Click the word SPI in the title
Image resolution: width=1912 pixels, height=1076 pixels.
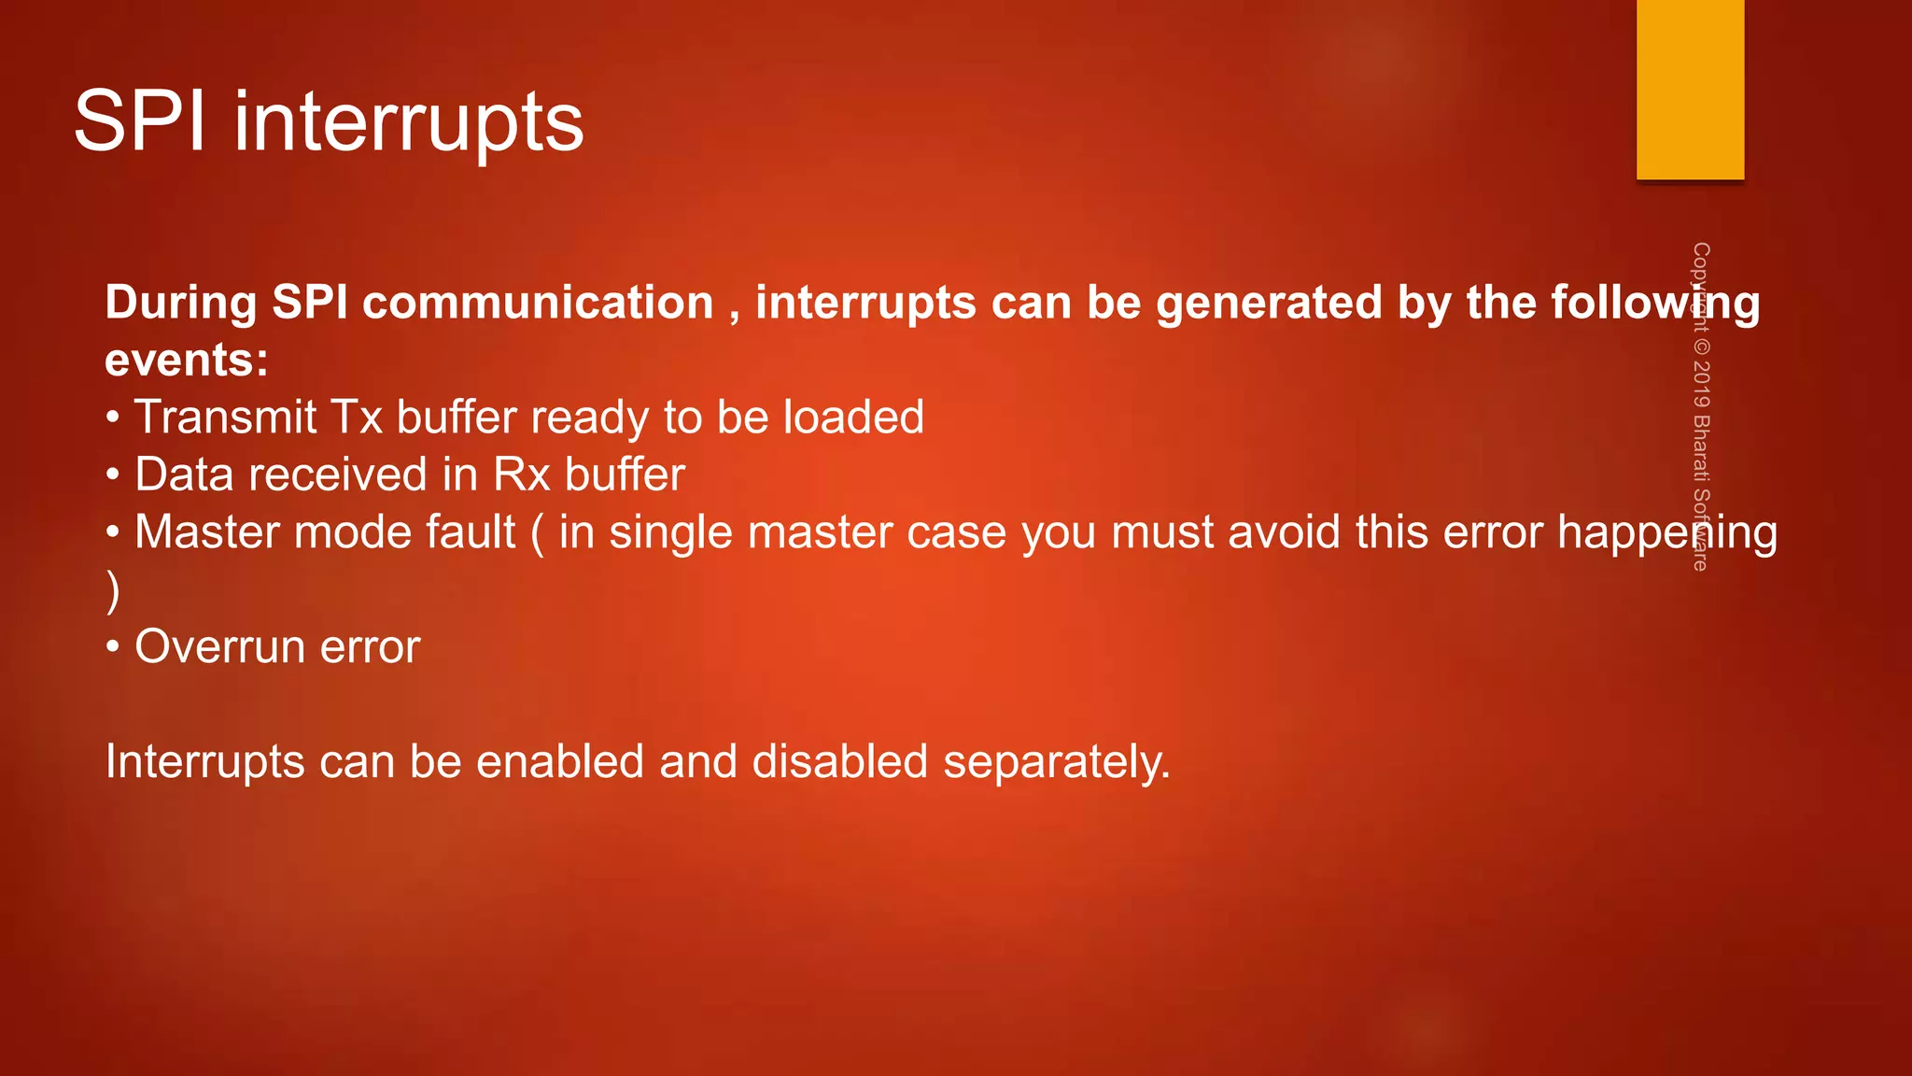tap(139, 121)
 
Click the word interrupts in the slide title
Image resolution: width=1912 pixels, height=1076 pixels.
tap(408, 123)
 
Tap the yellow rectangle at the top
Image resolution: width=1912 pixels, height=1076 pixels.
tap(1690, 89)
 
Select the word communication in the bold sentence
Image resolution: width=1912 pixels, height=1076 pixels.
tap(538, 304)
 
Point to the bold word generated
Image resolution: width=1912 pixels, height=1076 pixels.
tap(1269, 304)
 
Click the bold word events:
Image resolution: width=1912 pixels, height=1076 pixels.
tap(187, 361)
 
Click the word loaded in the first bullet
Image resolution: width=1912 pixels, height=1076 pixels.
tap(853, 417)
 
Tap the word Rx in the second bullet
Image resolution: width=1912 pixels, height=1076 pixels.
tap(521, 474)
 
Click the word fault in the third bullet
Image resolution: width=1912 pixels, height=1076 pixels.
tap(471, 532)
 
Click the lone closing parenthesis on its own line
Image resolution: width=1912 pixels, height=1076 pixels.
tap(113, 590)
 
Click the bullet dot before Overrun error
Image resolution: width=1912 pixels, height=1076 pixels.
tap(113, 646)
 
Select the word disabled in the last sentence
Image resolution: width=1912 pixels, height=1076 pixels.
tap(839, 761)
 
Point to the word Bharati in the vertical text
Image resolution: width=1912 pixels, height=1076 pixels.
tap(1701, 448)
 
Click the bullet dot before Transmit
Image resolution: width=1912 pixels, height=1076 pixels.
tap(113, 417)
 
